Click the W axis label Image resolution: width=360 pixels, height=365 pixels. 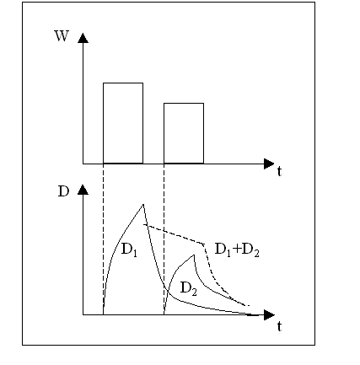[62, 36]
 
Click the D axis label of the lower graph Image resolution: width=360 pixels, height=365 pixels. [63, 191]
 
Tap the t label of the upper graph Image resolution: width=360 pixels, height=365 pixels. [279, 171]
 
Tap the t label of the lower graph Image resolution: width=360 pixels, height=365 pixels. [279, 326]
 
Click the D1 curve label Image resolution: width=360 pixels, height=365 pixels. [129, 250]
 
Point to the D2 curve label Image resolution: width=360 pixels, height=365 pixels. [188, 288]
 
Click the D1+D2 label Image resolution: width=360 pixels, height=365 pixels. [237, 250]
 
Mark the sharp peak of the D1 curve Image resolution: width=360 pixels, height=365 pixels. [143, 204]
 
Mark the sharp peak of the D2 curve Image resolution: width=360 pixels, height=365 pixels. [194, 255]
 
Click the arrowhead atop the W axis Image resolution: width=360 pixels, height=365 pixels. [83, 38]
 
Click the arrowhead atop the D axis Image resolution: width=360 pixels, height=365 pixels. [83, 190]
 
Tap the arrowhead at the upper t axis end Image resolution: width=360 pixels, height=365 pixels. [269, 164]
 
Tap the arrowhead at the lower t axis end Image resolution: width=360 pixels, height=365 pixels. [269, 315]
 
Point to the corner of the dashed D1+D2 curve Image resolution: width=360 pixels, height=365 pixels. [203, 244]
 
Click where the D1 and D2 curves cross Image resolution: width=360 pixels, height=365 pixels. [167, 289]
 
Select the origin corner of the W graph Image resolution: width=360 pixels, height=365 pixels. [83, 164]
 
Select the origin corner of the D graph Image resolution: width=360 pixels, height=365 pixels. [83, 315]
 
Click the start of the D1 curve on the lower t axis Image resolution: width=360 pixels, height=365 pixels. [103, 314]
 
